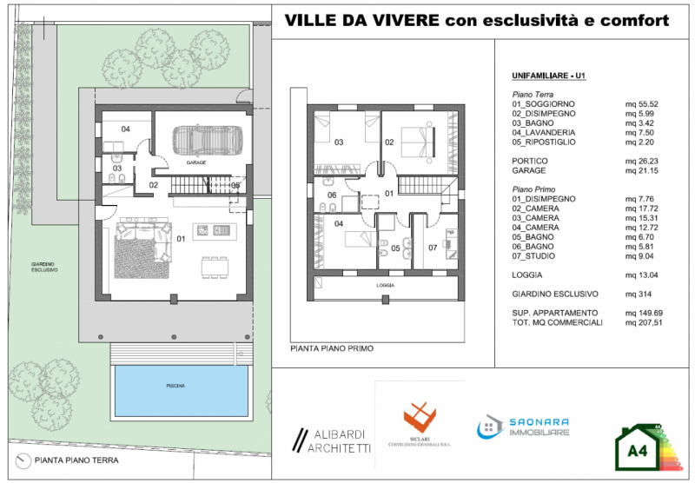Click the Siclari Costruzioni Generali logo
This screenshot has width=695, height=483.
tap(420, 421)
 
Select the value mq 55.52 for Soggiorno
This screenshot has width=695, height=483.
tap(642, 103)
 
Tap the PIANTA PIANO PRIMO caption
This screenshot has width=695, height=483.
tap(332, 347)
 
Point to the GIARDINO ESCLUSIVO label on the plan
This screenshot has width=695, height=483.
tap(44, 267)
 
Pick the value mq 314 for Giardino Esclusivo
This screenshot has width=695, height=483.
tap(639, 294)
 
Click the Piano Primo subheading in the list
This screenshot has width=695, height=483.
tap(534, 189)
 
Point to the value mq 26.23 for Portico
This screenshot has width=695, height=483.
tap(642, 161)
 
